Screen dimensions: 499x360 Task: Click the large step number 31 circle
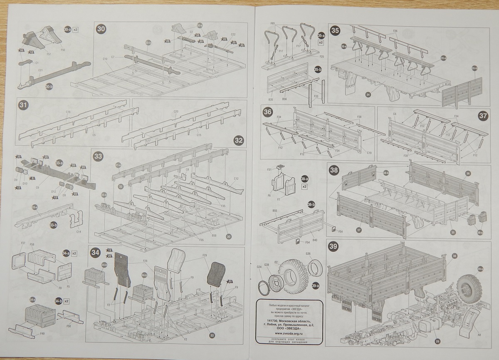click(x=23, y=106)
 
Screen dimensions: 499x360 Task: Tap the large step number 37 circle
click(x=482, y=116)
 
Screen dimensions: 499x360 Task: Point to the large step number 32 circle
click(x=238, y=140)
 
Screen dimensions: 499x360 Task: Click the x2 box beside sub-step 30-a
click(x=76, y=30)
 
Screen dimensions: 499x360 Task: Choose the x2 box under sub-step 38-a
click(x=305, y=187)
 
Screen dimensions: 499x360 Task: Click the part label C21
click(x=42, y=71)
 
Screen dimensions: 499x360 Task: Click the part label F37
click(x=23, y=243)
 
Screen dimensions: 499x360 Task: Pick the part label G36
click(x=308, y=253)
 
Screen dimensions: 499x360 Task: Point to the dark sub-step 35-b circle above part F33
click(x=318, y=70)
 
